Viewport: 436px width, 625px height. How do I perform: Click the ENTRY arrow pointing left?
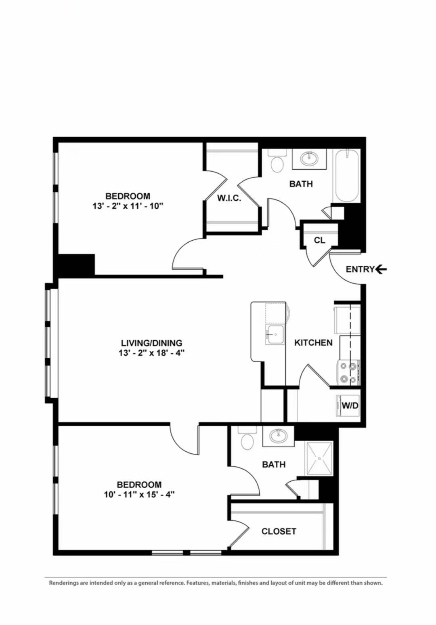click(381, 269)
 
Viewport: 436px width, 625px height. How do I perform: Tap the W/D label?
click(350, 405)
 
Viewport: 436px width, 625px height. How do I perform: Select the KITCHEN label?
click(313, 343)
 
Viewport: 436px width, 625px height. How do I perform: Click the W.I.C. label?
click(229, 198)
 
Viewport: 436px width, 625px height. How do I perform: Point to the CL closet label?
click(319, 240)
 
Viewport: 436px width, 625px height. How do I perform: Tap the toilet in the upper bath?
click(277, 161)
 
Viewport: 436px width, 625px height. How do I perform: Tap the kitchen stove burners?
click(348, 373)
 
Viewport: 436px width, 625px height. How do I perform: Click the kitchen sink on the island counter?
click(275, 335)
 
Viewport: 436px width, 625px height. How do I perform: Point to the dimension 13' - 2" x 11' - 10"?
click(128, 206)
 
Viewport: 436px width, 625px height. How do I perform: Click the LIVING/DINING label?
click(151, 343)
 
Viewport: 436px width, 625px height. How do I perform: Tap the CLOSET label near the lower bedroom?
click(279, 531)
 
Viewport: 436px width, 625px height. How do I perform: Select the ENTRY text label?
click(360, 269)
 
